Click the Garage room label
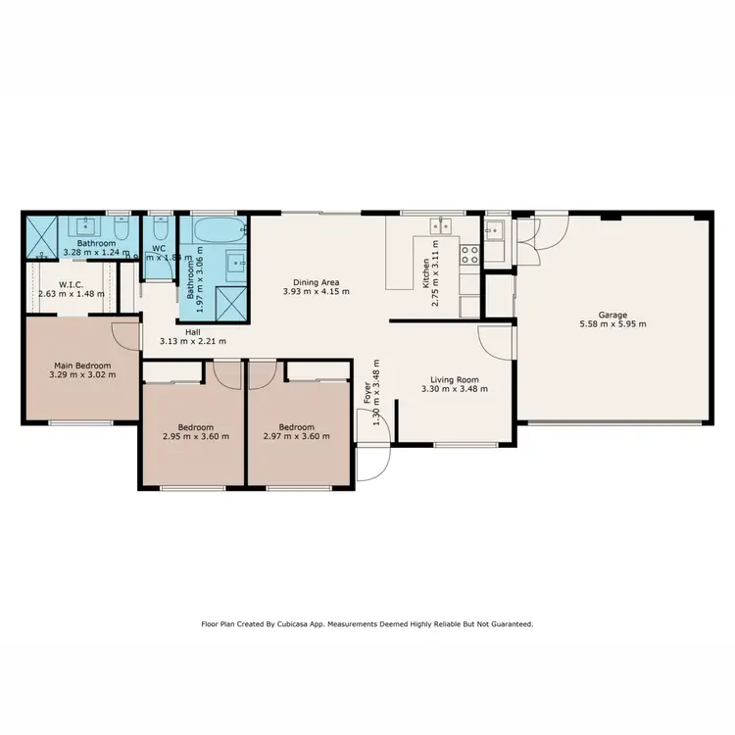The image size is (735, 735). pyautogui.click(x=613, y=315)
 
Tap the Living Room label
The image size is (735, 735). pyautogui.click(x=453, y=378)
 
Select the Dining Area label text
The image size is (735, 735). pyautogui.click(x=317, y=281)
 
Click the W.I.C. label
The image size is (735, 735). pyautogui.click(x=70, y=284)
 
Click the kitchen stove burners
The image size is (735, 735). pyautogui.click(x=469, y=254)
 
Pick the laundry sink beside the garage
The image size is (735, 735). pyautogui.click(x=495, y=232)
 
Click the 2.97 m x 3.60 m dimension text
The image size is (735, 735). pyautogui.click(x=296, y=437)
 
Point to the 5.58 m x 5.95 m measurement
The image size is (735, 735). pyautogui.click(x=613, y=324)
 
